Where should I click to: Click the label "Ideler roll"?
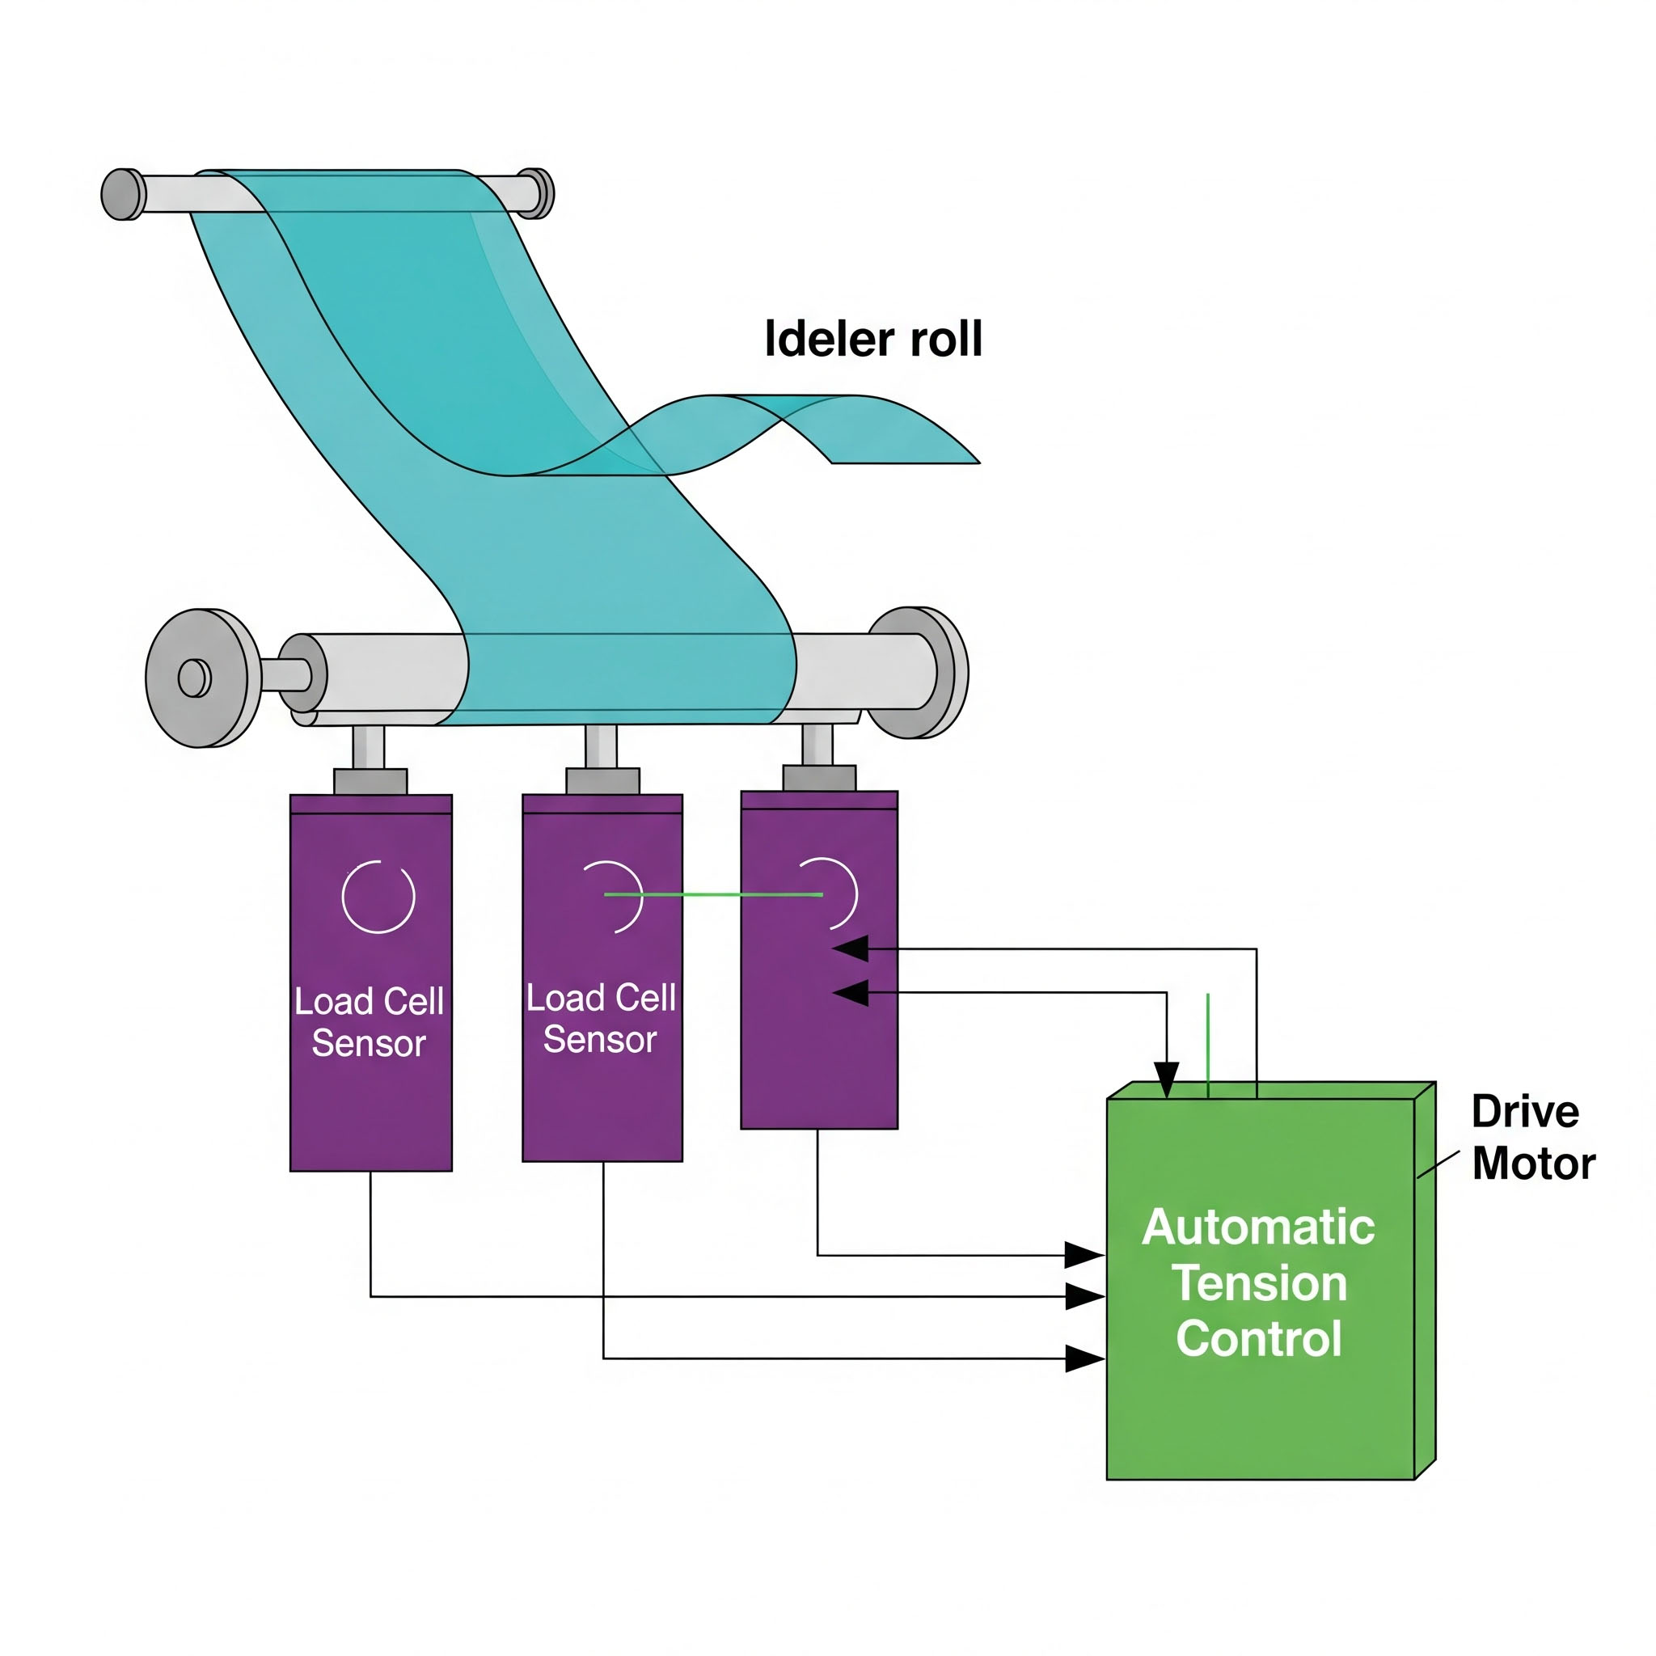click(x=872, y=339)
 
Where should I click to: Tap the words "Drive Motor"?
click(x=1532, y=1138)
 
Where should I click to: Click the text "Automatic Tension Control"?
click(x=1258, y=1283)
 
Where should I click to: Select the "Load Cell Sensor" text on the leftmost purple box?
click(x=370, y=1023)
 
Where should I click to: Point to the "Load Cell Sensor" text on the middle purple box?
click(x=601, y=1019)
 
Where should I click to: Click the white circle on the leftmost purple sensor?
click(x=378, y=897)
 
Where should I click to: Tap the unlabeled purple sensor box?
click(x=818, y=1029)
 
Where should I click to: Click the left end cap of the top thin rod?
click(x=123, y=195)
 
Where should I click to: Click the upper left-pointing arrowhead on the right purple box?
click(x=851, y=948)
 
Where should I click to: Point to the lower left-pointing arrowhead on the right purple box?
click(x=851, y=994)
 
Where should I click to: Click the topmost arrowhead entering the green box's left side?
click(x=1084, y=1256)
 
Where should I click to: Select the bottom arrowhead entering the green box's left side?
click(x=1084, y=1358)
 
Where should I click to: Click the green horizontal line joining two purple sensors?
click(x=713, y=895)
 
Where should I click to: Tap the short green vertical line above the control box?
click(x=1208, y=1045)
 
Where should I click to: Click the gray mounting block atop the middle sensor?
click(x=602, y=780)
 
